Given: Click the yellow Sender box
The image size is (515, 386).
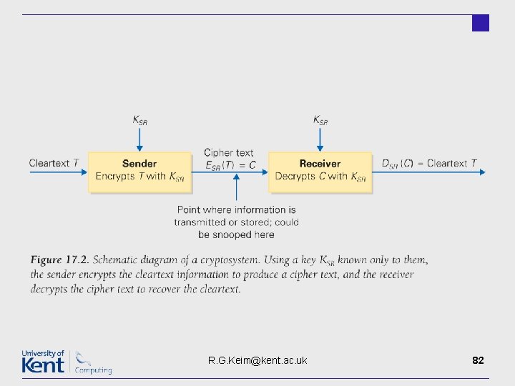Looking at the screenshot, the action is (139, 172).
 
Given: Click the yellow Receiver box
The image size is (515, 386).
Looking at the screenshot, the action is (320, 172).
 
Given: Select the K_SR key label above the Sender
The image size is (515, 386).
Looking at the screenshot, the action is (140, 120).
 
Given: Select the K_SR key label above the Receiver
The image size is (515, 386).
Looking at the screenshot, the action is (320, 120).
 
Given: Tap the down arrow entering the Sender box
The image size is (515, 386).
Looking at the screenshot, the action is (139, 139).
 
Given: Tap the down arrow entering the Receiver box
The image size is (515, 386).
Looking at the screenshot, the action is (320, 139).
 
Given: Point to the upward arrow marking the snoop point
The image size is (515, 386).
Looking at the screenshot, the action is (237, 187).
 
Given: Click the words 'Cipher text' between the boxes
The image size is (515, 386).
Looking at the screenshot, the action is (229, 153).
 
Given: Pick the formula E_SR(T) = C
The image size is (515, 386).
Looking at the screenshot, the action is (230, 165).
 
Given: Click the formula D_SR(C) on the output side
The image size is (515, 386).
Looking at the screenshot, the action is (398, 164).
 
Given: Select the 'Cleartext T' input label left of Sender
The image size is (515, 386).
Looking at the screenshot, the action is (54, 163).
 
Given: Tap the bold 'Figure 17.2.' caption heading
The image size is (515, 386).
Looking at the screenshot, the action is (60, 259).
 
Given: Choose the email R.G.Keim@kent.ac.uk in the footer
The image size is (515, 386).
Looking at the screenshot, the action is (257, 360).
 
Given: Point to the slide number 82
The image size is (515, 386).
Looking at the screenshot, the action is (478, 360).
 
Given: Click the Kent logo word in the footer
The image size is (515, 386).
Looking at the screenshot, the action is (43, 365).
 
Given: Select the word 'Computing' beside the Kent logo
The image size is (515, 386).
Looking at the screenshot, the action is (93, 370).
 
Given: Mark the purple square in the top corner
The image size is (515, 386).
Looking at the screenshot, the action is (481, 23).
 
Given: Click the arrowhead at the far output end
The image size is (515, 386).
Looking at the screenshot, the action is (483, 172).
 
